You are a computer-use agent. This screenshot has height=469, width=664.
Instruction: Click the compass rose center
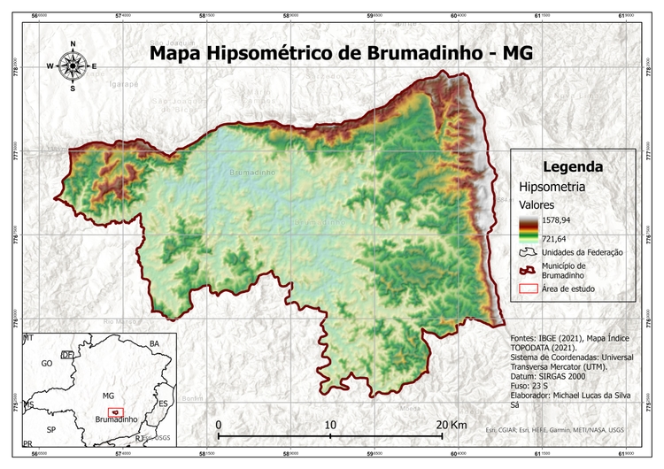[73, 65]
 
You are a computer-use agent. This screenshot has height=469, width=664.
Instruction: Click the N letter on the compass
[73, 44]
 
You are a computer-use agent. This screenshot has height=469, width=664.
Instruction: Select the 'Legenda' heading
[573, 166]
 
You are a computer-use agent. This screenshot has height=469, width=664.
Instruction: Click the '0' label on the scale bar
[219, 426]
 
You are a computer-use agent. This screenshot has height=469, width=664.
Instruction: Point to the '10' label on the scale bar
[330, 426]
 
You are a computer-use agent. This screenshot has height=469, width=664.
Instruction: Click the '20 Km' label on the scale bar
[452, 426]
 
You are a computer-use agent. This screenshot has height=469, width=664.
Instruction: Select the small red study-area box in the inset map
[114, 411]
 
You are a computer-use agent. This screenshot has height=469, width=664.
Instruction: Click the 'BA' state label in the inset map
[154, 343]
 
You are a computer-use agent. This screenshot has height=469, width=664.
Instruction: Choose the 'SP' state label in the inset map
[50, 429]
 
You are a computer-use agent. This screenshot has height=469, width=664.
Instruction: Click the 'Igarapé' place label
[124, 84]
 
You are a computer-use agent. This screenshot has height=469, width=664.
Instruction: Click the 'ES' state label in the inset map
[162, 404]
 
